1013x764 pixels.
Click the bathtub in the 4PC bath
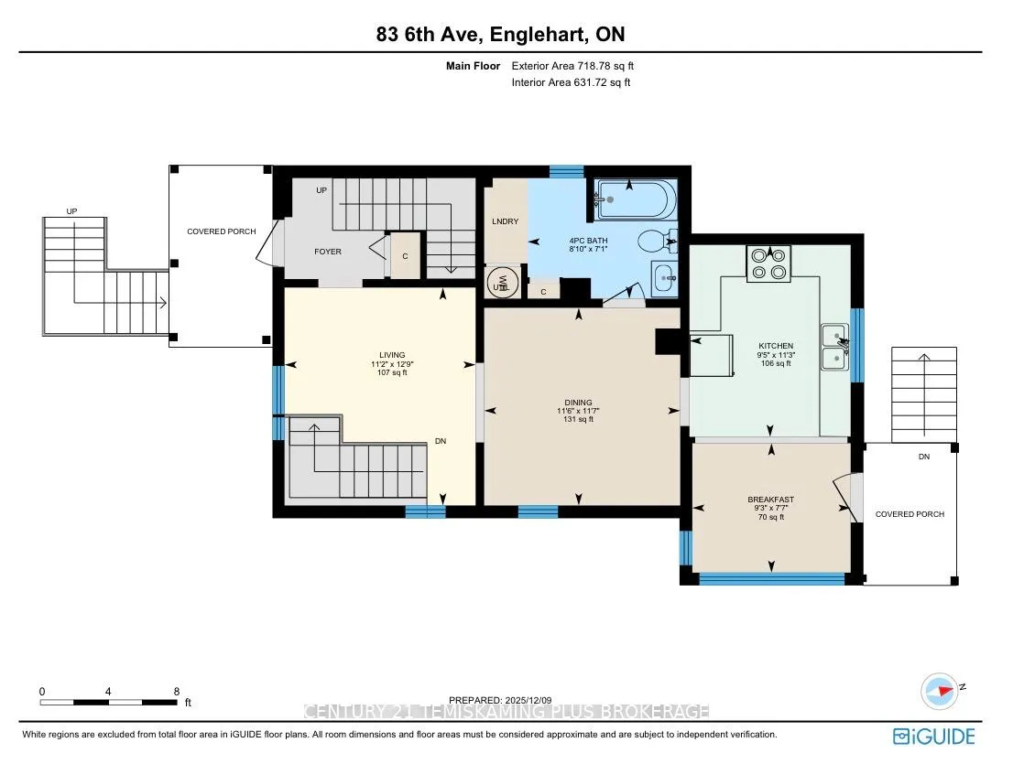(635, 199)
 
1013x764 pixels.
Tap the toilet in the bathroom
(658, 242)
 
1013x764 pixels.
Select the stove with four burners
(768, 264)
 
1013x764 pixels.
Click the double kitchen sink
(834, 347)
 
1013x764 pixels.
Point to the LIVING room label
(392, 355)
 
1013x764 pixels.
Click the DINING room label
(578, 402)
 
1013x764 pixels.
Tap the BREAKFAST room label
(770, 500)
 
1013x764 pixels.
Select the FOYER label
(328, 252)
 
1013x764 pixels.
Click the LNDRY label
(506, 221)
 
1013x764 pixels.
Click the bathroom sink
(665, 279)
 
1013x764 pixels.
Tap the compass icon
(940, 691)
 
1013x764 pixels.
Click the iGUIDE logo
(934, 737)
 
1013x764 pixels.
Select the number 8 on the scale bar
(177, 691)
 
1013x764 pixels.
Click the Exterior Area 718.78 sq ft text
(572, 66)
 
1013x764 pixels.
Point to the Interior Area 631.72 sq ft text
(572, 82)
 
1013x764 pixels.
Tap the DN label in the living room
(441, 441)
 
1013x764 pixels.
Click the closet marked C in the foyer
(405, 256)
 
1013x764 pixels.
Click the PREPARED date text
(501, 700)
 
